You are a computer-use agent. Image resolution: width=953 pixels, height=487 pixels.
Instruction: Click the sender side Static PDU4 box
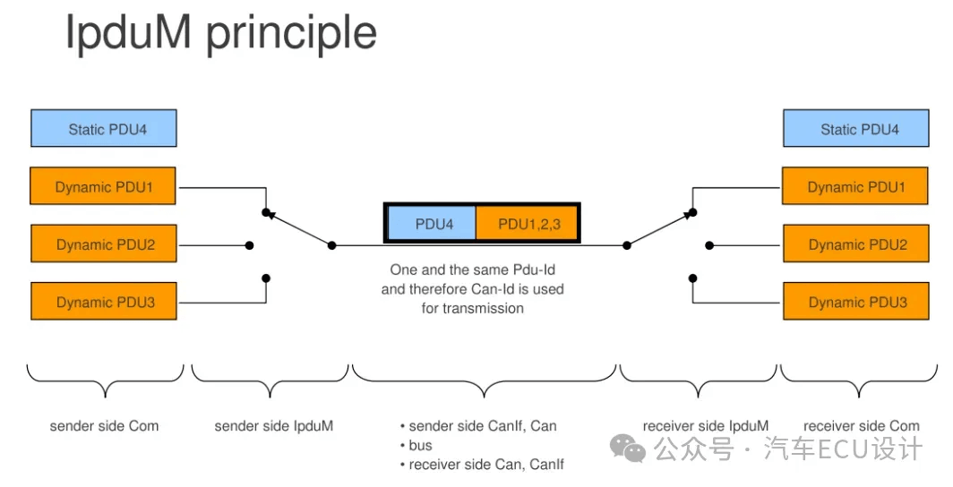[x=104, y=128]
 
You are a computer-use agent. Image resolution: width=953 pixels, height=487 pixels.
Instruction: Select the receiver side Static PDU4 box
[x=855, y=128]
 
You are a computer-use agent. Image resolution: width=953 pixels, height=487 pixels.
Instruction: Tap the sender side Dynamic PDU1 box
[x=103, y=186]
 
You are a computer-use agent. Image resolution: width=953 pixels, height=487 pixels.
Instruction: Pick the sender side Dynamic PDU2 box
[x=104, y=243]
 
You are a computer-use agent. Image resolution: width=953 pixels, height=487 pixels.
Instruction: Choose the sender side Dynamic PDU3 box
[x=104, y=301]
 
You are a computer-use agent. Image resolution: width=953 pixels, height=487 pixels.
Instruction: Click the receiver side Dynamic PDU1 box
[x=855, y=186]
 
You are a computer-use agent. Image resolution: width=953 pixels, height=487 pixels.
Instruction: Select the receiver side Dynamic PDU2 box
[x=855, y=243]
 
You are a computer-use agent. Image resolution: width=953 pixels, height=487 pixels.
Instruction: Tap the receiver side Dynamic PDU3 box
[x=855, y=301]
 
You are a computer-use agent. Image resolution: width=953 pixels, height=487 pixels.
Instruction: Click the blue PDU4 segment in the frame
[x=432, y=224]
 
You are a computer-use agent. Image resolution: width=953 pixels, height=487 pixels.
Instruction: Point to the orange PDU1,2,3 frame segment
[x=527, y=224]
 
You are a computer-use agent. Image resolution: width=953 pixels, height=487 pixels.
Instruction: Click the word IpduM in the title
[x=128, y=33]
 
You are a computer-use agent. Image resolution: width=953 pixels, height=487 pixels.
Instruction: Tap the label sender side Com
[x=104, y=426]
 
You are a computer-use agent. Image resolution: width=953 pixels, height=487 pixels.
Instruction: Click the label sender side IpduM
[x=273, y=426]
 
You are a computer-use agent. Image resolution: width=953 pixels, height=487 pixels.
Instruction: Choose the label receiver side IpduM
[x=706, y=426]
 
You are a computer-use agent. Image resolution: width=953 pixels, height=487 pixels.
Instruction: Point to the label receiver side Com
[x=862, y=426]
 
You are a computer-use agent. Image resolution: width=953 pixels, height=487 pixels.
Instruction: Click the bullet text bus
[x=421, y=445]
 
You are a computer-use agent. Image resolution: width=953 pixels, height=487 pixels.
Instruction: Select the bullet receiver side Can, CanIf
[x=486, y=465]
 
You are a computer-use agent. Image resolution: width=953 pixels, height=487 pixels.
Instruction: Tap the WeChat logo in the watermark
[x=628, y=448]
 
